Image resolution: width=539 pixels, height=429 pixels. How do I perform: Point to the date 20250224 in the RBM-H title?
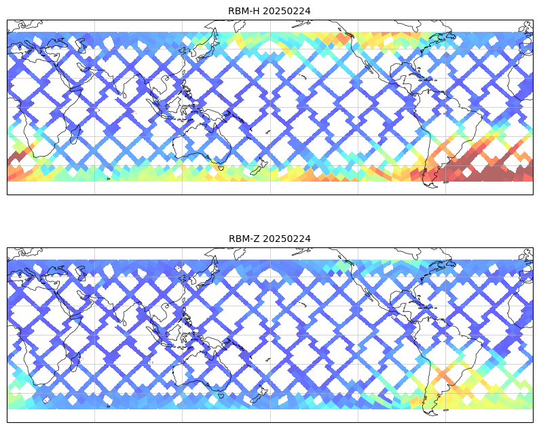286,11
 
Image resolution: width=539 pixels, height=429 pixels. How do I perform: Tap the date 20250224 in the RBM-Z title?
286,239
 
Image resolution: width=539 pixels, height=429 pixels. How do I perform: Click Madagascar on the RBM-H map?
75,134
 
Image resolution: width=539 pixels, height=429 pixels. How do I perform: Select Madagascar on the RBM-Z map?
75,362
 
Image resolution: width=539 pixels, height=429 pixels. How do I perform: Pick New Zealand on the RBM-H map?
259,166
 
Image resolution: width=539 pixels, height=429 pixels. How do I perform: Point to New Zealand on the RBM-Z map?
259,394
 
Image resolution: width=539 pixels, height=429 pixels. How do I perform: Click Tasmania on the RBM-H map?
221,168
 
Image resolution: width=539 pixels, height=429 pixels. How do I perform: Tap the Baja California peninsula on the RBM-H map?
369,66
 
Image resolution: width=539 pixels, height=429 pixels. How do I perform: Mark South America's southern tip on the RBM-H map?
432,186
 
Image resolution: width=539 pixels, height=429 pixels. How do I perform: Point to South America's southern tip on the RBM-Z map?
432,413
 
